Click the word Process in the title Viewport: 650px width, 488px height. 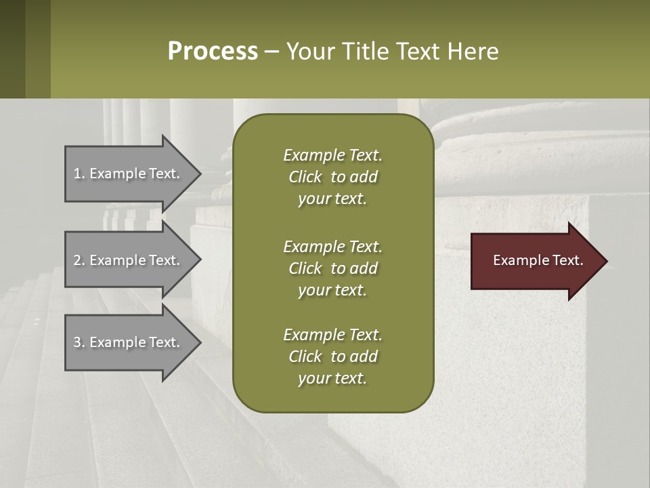213,52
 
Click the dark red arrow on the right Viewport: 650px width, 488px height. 535,261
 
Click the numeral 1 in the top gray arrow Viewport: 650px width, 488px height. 77,174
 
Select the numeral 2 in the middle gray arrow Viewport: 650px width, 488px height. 77,260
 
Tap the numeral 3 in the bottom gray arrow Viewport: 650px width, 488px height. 77,342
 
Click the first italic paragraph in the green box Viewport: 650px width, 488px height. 332,177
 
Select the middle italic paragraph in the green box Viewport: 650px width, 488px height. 332,268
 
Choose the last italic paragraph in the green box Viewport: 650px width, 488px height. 332,357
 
